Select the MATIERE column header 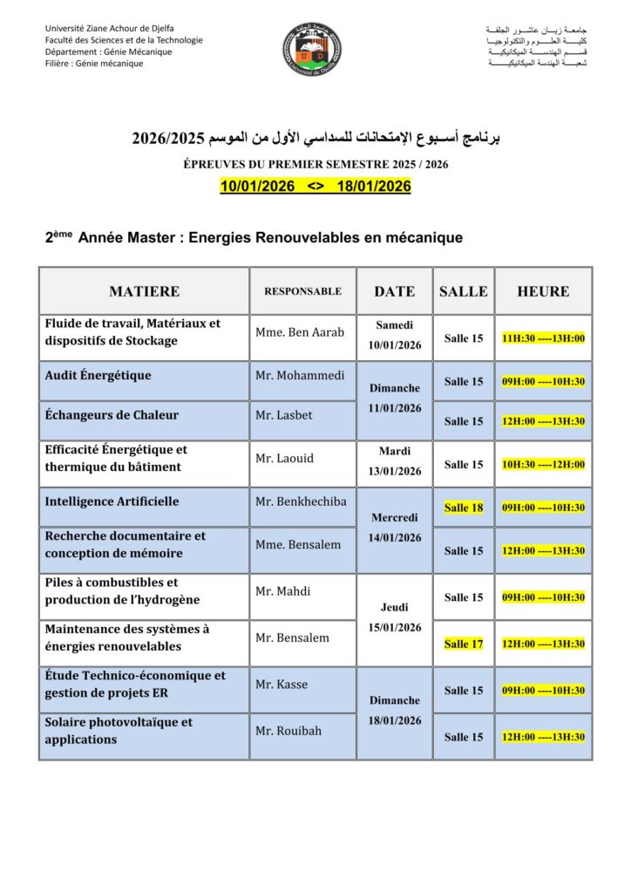[145, 291]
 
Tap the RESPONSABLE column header [302, 291]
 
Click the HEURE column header [543, 291]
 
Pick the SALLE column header [464, 291]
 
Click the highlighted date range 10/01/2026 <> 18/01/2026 [315, 187]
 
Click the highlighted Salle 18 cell [464, 508]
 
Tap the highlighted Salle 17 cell [464, 644]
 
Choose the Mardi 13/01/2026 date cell [394, 461]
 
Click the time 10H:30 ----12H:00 [543, 465]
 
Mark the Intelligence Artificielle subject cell [112, 501]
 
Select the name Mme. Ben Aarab [300, 332]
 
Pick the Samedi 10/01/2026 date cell [394, 335]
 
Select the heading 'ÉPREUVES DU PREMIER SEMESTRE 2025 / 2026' [315, 164]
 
